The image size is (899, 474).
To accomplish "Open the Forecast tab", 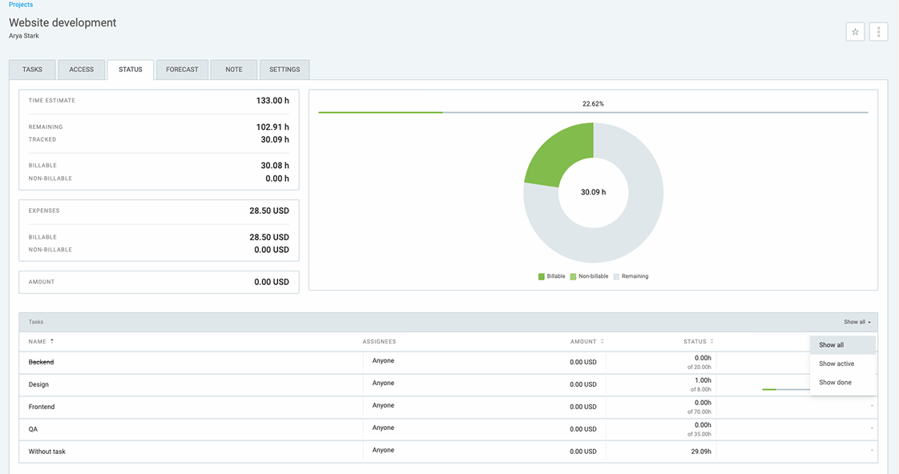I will (182, 70).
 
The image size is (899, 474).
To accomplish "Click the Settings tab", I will (284, 70).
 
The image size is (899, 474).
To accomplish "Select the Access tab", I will (81, 70).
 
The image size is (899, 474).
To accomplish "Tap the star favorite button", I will (855, 32).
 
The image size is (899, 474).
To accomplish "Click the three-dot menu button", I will (878, 32).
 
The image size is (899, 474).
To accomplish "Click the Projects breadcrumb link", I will (21, 5).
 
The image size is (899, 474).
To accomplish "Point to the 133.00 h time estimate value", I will (272, 101).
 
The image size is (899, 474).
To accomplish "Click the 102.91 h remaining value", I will (272, 127).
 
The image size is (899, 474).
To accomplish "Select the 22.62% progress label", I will (593, 104).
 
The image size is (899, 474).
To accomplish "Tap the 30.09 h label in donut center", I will (593, 192).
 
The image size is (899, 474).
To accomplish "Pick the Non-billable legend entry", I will (592, 276).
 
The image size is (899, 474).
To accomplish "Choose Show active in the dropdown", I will (837, 364).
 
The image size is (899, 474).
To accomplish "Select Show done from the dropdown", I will (835, 383).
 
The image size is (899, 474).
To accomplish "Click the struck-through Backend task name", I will (41, 362).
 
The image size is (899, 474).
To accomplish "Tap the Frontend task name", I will (42, 407).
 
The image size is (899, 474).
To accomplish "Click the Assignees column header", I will (379, 342).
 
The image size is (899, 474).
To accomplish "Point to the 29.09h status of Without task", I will (701, 452).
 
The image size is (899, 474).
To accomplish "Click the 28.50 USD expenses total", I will (269, 211).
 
